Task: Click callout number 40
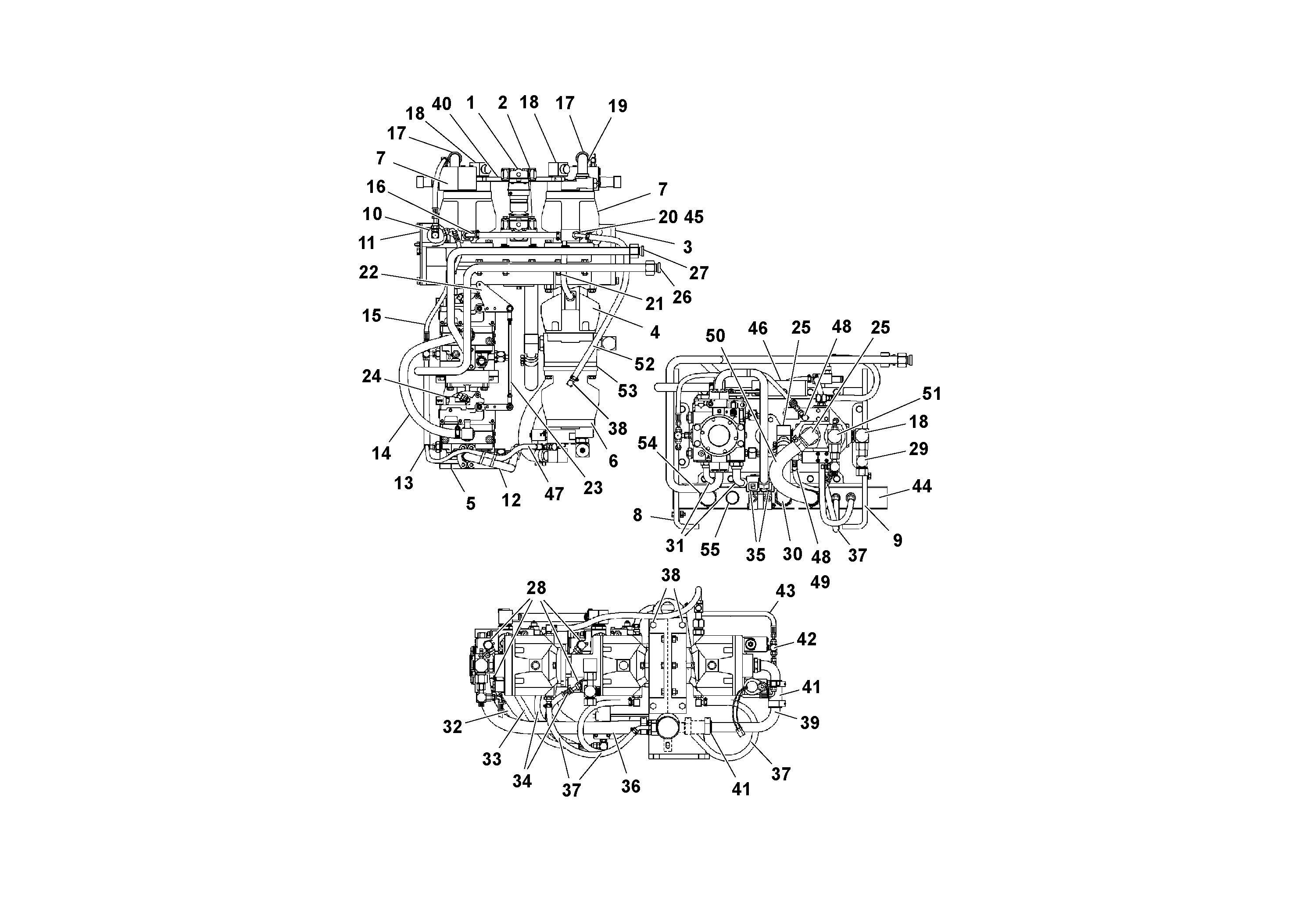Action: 441,105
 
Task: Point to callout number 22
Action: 369,272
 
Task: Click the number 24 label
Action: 372,376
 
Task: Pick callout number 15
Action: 372,316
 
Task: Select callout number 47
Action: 554,494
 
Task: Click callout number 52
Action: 644,364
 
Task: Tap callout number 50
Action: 715,335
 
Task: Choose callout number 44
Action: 921,486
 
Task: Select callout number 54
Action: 648,443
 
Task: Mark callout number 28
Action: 536,587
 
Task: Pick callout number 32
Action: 452,726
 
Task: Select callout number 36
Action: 630,786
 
